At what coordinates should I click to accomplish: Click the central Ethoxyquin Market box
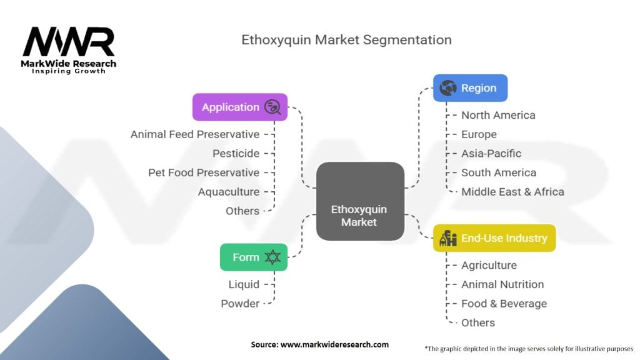click(x=359, y=201)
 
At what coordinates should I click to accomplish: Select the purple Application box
click(x=240, y=107)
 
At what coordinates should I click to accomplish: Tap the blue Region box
click(x=470, y=88)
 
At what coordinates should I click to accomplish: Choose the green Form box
click(x=254, y=257)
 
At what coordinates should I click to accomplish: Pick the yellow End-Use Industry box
click(x=494, y=238)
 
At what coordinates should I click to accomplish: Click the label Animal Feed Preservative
click(x=195, y=134)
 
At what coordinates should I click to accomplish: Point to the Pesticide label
click(x=236, y=153)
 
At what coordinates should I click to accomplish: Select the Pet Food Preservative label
click(x=204, y=172)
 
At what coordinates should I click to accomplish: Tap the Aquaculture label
click(x=228, y=192)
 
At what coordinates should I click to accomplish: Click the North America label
click(x=498, y=115)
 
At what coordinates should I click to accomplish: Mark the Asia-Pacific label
click(x=491, y=153)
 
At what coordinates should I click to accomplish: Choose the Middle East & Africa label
click(x=512, y=192)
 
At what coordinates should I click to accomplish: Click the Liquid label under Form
click(x=244, y=284)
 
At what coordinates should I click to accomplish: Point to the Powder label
click(x=240, y=304)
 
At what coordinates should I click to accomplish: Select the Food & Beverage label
click(x=504, y=304)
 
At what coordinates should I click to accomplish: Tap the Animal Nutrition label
click(x=502, y=284)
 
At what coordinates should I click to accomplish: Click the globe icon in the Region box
click(x=448, y=88)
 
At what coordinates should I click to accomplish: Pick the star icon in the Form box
click(x=272, y=257)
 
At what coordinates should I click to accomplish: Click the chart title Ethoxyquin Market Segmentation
click(x=346, y=40)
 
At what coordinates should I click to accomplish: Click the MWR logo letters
click(x=69, y=42)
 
